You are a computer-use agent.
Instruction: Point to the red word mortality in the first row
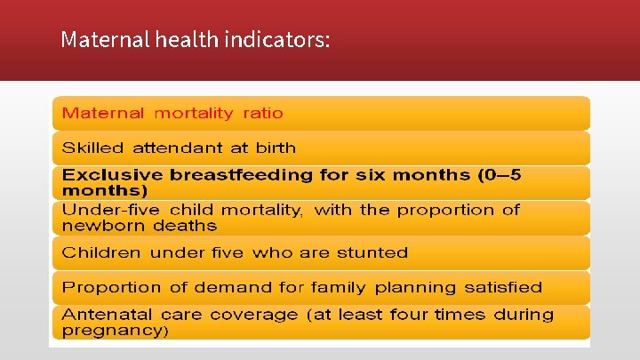tap(194, 113)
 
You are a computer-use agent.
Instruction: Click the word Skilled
tap(92, 148)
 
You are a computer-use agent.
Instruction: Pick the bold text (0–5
tap(500, 175)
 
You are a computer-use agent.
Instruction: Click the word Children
tap(101, 252)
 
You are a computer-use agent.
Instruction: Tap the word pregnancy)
tap(115, 331)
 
